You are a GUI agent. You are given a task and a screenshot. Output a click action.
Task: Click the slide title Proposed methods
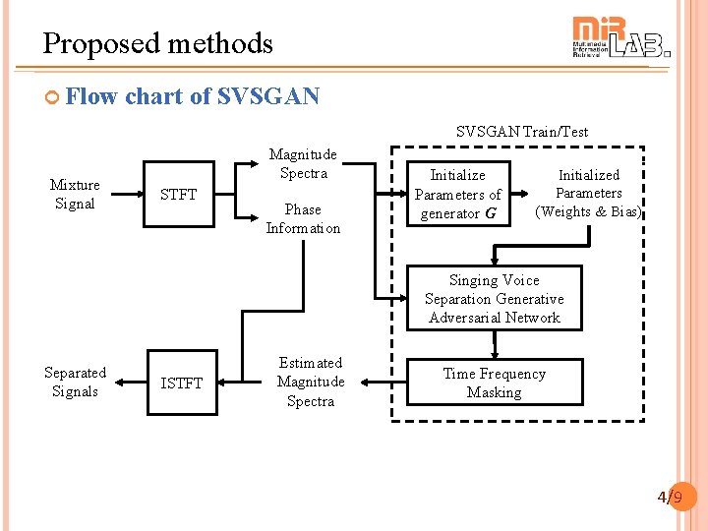tap(157, 43)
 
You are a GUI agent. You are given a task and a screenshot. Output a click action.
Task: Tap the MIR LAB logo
tap(620, 38)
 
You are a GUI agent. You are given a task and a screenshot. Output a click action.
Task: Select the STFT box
tap(178, 194)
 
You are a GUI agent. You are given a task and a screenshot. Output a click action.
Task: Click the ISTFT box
tap(181, 383)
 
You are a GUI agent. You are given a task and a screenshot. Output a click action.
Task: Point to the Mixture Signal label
tap(75, 194)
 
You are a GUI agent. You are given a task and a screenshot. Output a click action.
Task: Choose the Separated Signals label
tap(75, 382)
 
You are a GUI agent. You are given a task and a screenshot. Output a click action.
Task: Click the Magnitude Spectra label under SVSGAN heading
tap(303, 163)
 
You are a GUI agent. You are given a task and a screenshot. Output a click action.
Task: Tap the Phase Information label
tap(303, 218)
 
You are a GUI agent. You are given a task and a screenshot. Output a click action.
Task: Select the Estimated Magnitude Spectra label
tap(311, 382)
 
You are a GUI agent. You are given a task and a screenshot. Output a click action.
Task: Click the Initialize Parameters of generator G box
tap(458, 194)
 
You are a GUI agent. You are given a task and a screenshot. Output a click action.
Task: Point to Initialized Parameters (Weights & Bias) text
tap(588, 193)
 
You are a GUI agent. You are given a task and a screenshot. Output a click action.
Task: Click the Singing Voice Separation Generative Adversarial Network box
tap(494, 298)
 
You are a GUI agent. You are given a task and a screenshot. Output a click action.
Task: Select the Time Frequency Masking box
tap(494, 383)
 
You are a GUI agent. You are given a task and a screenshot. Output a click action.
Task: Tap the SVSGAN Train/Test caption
tap(521, 132)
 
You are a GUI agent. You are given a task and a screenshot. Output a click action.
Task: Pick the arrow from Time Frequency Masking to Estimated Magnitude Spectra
tap(376, 383)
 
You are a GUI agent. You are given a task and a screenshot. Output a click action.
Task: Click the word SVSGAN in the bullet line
tap(267, 96)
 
